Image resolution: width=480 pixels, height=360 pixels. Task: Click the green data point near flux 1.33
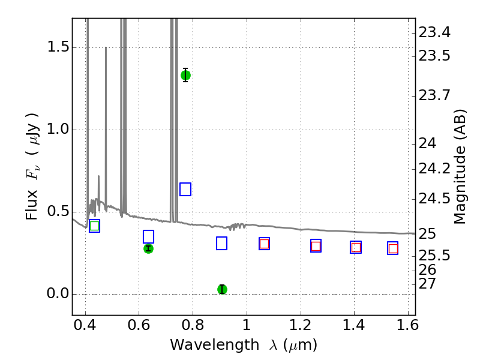pyautogui.click(x=185, y=75)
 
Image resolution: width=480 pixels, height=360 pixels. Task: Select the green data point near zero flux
pyautogui.click(x=222, y=289)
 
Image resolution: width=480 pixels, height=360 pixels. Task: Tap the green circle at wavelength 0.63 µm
pyautogui.click(x=148, y=248)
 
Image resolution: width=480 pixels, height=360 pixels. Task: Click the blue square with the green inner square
pyautogui.click(x=95, y=226)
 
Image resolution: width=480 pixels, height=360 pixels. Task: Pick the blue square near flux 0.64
pyautogui.click(x=185, y=189)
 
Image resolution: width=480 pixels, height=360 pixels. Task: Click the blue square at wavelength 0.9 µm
pyautogui.click(x=221, y=244)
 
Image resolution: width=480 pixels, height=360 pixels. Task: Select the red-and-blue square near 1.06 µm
pyautogui.click(x=264, y=244)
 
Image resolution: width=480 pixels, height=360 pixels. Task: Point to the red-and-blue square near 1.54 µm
pyautogui.click(x=393, y=248)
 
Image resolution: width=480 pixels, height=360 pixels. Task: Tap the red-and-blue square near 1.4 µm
pyautogui.click(x=356, y=247)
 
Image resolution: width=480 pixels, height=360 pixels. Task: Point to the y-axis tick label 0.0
pyautogui.click(x=58, y=293)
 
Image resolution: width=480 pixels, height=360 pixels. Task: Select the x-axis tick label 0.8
pyautogui.click(x=193, y=325)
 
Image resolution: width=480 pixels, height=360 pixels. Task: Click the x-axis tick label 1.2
pyautogui.click(x=301, y=325)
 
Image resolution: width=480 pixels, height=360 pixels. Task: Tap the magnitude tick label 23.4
pyautogui.click(x=434, y=32)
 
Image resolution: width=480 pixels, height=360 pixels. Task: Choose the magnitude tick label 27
pyautogui.click(x=427, y=284)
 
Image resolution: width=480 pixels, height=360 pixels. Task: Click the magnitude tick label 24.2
pyautogui.click(x=434, y=169)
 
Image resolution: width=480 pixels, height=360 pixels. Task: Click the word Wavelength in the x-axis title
pyautogui.click(x=215, y=345)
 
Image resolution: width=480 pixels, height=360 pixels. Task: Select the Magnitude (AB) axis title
pyautogui.click(x=460, y=167)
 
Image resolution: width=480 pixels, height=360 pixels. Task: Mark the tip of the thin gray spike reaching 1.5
pyautogui.click(x=106, y=47)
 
